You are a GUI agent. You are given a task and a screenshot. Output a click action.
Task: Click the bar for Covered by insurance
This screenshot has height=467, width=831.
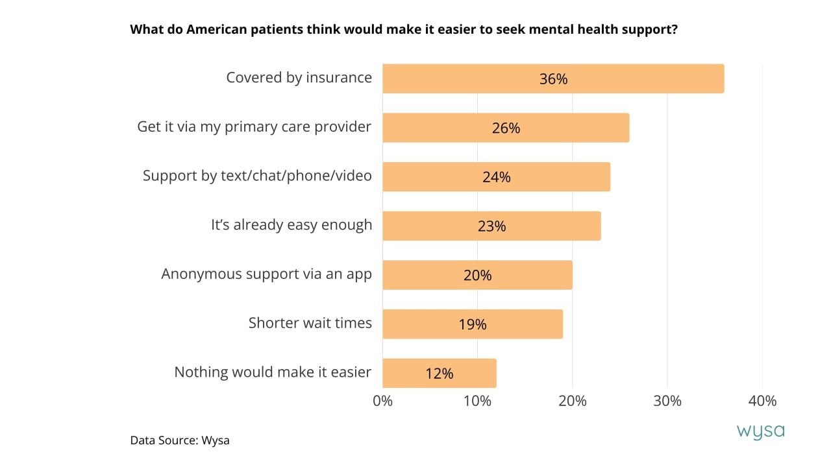553,78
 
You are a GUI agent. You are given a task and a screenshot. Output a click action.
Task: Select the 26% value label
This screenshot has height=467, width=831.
506,128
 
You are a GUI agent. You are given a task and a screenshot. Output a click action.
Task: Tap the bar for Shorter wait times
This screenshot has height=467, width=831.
473,324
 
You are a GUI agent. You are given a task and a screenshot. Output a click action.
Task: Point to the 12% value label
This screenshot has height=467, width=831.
439,374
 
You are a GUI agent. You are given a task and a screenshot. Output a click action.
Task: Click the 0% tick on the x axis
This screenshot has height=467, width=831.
383,401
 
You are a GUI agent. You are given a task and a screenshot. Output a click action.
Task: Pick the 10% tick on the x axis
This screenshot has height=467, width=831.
477,401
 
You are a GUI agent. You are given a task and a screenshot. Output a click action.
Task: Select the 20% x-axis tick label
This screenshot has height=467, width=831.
572,401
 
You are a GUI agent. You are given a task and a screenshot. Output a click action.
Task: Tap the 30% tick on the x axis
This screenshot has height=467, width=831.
667,401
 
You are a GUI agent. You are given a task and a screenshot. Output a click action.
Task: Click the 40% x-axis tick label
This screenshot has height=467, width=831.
762,401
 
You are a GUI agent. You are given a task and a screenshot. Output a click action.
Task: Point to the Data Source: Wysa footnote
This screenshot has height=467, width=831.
180,440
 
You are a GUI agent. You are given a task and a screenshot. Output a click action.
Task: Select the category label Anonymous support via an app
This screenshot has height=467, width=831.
266,274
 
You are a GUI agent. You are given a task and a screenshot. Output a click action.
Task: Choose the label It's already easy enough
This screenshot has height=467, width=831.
291,225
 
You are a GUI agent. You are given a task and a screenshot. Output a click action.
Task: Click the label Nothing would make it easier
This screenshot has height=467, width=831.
273,372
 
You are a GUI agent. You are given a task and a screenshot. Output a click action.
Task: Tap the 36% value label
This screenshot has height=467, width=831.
553,79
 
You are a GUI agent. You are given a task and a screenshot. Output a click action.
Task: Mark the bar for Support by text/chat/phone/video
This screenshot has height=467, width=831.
496,176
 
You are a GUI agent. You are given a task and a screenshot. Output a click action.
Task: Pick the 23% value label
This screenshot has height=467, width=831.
491,226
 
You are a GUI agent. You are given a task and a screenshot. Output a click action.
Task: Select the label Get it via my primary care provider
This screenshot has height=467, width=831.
254,126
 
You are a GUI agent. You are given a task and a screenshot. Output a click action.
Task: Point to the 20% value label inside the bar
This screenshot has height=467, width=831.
477,276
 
